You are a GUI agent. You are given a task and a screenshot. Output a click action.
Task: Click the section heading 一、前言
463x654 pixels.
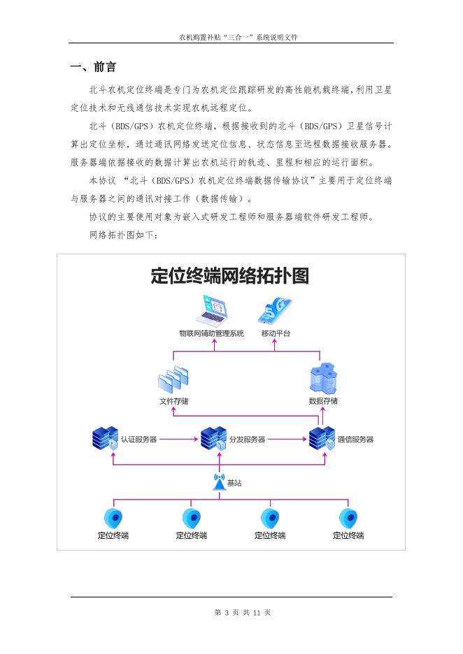click(x=93, y=67)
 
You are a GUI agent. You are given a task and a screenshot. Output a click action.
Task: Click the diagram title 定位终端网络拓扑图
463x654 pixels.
click(x=229, y=276)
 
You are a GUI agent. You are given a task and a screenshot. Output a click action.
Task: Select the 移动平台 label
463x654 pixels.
click(x=276, y=333)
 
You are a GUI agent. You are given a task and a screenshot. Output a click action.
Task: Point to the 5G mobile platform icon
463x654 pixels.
click(x=275, y=310)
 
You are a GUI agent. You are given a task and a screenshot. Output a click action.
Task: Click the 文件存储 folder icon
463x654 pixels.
click(x=173, y=379)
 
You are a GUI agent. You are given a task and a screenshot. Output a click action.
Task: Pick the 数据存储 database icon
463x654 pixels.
click(x=323, y=378)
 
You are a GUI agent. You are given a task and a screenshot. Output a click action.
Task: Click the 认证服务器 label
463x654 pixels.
click(x=138, y=439)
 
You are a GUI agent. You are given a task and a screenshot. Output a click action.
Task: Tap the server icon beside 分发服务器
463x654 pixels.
click(x=213, y=439)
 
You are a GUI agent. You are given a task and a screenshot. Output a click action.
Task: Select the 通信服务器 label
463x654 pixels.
click(x=355, y=439)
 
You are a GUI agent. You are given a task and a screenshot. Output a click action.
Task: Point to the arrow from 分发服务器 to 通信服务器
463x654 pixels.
click(x=287, y=439)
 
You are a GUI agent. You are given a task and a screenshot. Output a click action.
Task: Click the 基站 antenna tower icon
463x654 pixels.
click(x=219, y=482)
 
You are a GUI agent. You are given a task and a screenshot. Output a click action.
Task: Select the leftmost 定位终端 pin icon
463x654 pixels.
click(x=113, y=518)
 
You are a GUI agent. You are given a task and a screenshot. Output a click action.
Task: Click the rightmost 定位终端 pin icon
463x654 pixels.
click(x=348, y=518)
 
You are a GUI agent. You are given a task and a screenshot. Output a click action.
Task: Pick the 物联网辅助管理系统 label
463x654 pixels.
click(x=211, y=333)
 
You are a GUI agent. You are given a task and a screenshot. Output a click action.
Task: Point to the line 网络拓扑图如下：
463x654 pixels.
click(x=124, y=235)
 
